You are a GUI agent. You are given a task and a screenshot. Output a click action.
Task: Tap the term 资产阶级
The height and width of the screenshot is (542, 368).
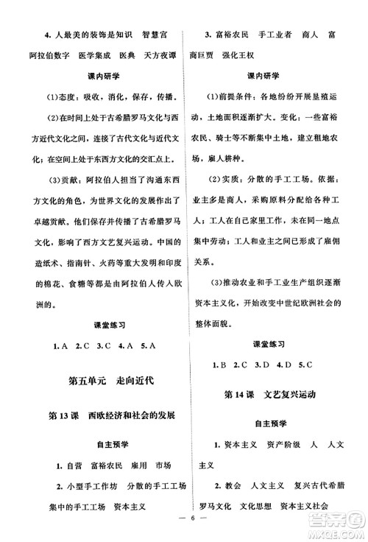275,446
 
